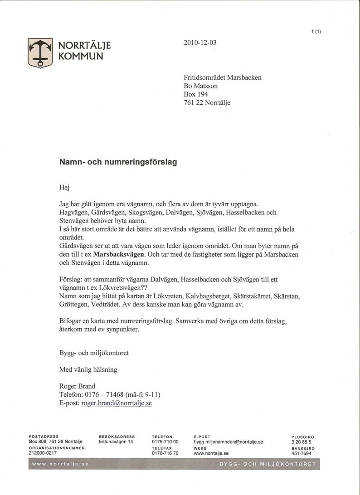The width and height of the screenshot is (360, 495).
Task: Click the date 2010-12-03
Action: coord(200,43)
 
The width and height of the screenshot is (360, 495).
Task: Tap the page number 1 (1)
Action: coord(316,31)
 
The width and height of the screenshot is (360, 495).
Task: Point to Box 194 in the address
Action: coord(196,94)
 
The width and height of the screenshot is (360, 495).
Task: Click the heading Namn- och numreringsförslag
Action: coord(118,161)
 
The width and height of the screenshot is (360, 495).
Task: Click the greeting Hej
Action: coord(65,187)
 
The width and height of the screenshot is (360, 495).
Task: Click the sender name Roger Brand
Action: coord(78,386)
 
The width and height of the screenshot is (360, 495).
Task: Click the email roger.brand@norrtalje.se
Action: coord(117,403)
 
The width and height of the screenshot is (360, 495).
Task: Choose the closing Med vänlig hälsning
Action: coord(88,369)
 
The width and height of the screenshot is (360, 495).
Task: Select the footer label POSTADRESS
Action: coord(44,437)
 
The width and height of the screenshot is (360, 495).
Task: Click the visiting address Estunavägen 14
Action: coord(116,442)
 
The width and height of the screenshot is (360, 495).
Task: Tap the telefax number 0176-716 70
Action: coord(165,453)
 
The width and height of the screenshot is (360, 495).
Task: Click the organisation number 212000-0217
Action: coord(43,453)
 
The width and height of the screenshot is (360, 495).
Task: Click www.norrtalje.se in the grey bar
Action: coord(60,465)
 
